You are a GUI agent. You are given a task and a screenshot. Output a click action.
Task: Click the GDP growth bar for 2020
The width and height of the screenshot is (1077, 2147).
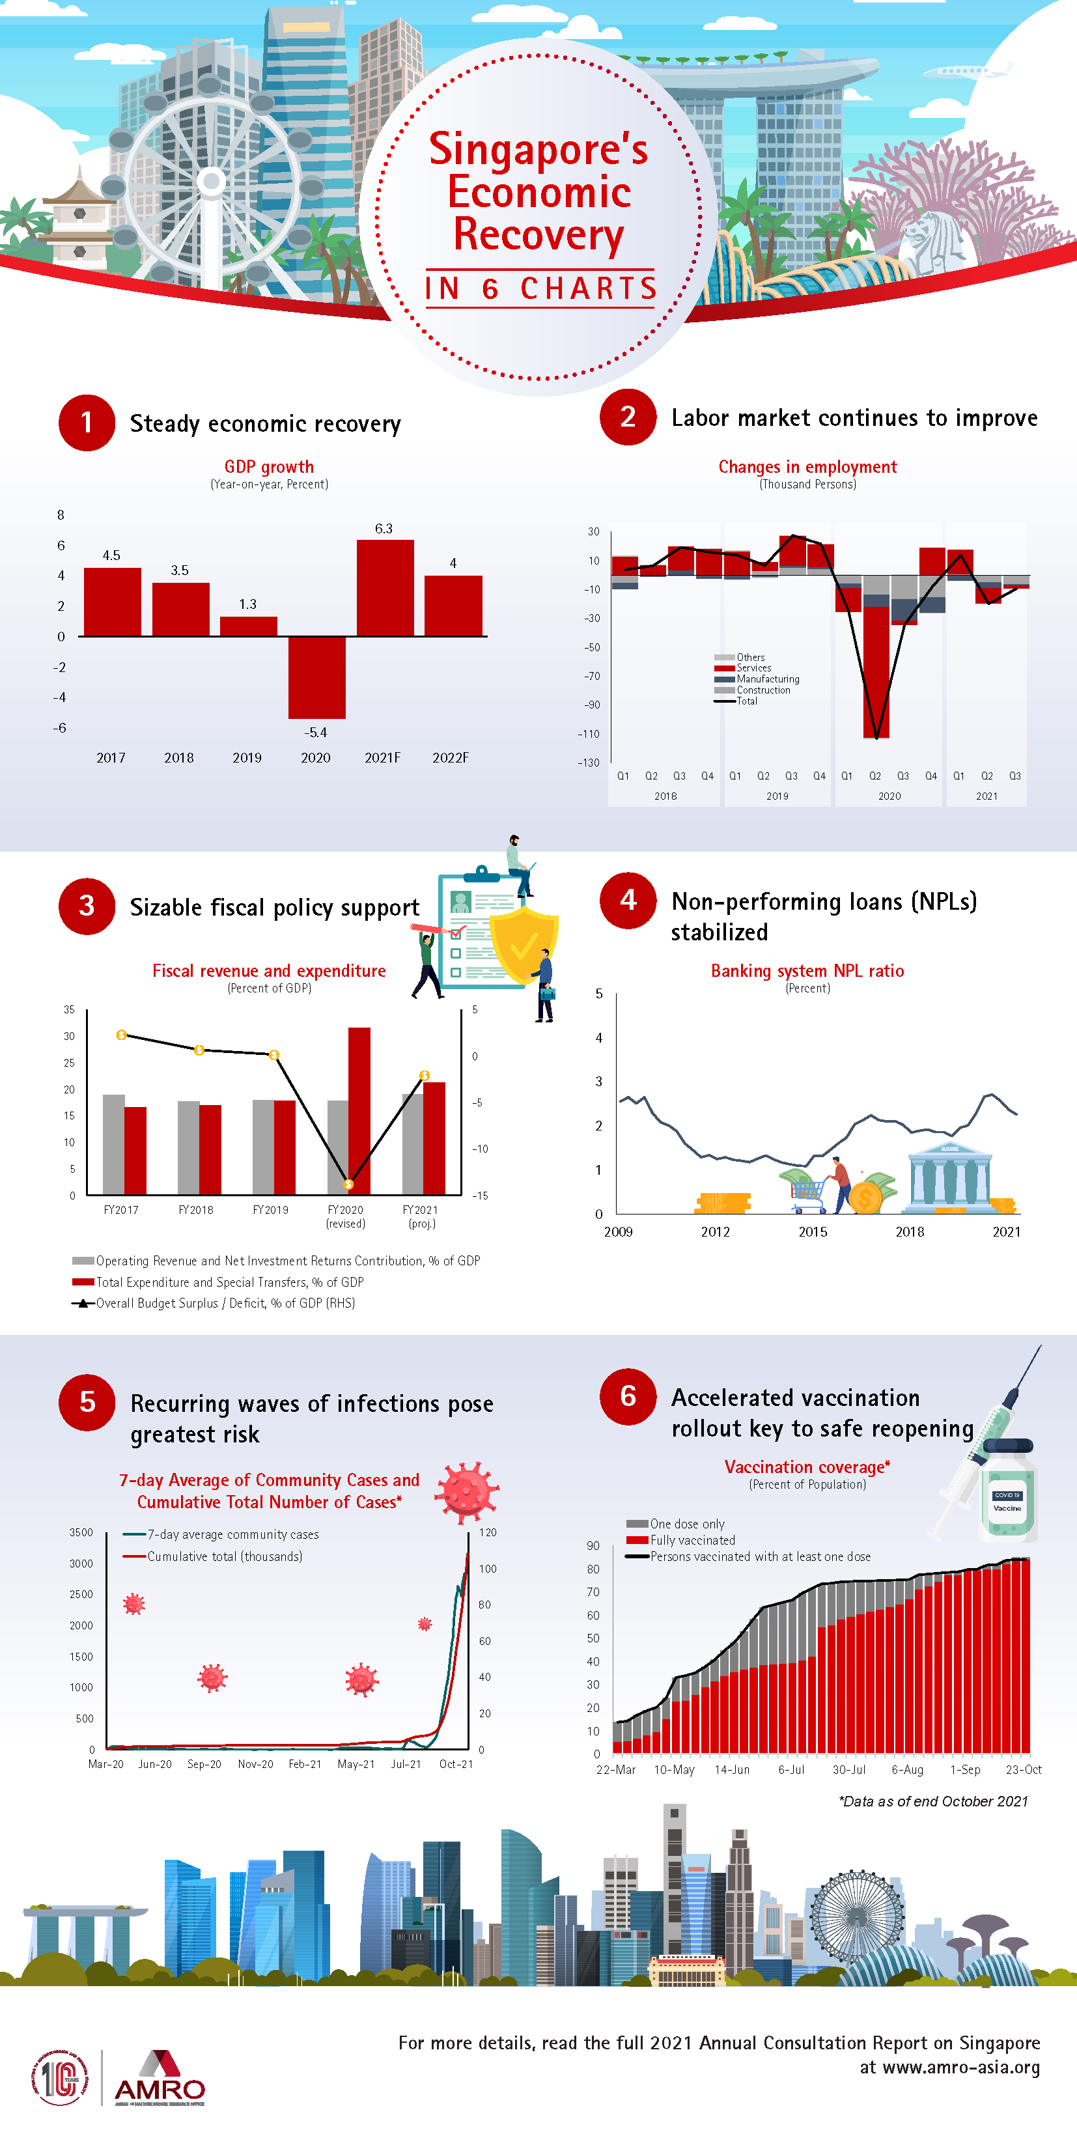(x=316, y=677)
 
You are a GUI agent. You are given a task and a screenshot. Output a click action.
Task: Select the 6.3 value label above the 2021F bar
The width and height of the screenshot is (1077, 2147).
(x=384, y=528)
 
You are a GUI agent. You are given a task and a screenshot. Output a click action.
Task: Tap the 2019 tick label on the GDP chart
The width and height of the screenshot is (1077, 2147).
(x=247, y=757)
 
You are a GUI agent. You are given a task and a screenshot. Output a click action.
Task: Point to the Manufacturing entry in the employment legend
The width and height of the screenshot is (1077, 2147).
(x=767, y=679)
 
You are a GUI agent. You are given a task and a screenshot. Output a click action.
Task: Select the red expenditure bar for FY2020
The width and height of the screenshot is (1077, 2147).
(x=359, y=1108)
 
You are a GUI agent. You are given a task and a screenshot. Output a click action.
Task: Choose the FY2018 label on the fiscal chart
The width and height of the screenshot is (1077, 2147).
(x=196, y=1209)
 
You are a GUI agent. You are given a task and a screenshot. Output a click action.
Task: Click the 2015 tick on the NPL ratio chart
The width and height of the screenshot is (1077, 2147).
(x=813, y=1232)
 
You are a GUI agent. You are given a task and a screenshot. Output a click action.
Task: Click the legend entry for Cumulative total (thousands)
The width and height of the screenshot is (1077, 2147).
(x=223, y=1556)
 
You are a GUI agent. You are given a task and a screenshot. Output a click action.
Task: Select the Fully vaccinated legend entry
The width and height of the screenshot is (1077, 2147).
(x=692, y=1540)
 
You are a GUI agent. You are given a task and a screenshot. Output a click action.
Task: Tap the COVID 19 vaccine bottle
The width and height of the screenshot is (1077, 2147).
(x=1008, y=1492)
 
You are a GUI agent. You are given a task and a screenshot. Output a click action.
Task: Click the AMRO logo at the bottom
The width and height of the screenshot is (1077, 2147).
(x=160, y=2082)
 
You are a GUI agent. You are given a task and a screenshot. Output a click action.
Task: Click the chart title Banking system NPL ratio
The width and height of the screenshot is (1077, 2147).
(x=807, y=970)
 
